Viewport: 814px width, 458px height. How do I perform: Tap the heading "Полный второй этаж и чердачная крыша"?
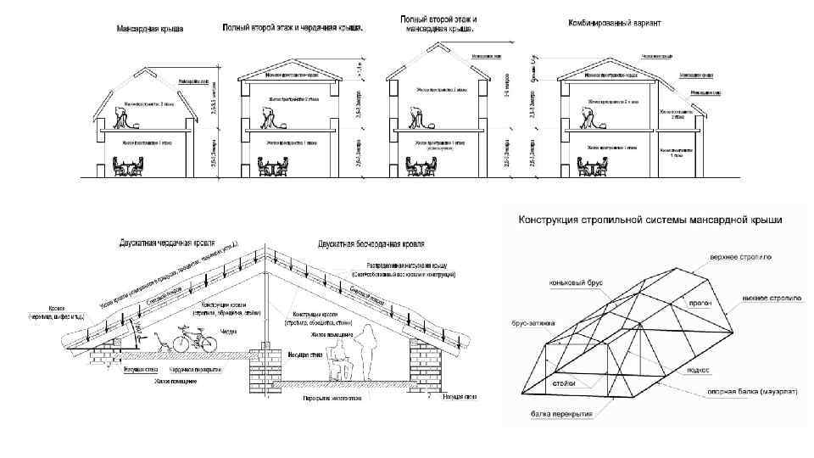point(293,27)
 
